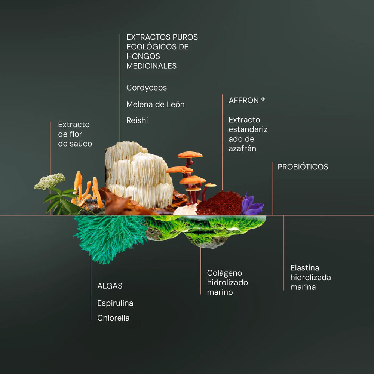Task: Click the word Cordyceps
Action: point(147,88)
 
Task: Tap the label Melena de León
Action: point(155,104)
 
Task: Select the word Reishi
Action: point(137,120)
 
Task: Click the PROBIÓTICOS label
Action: point(303,167)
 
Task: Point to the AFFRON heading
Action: point(243,100)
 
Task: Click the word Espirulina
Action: point(115,303)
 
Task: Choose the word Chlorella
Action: point(113,318)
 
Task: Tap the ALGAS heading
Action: point(110,286)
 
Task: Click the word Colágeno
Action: point(224,273)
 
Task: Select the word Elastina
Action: point(304,268)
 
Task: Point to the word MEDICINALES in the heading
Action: point(151,66)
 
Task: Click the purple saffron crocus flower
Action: point(252,205)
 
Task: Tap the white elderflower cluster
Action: point(50,181)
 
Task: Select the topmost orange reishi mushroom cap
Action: point(190,154)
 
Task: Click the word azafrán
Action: point(242,148)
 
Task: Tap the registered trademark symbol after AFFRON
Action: point(263,99)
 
